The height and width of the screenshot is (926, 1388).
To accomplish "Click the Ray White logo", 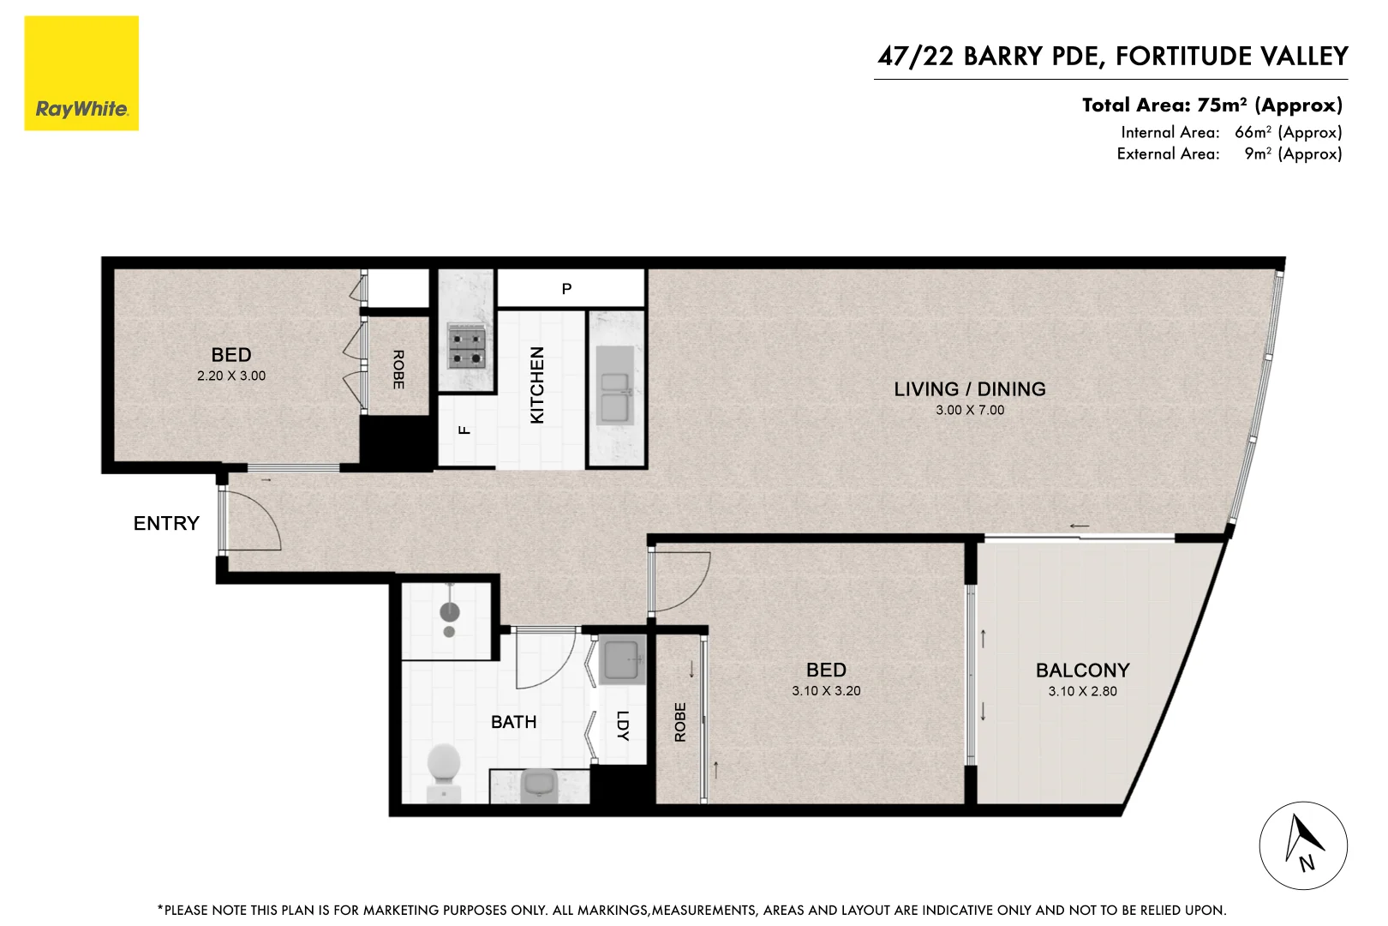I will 81,74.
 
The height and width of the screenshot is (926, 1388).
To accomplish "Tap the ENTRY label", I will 166,524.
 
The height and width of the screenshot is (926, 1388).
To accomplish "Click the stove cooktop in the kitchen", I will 467,346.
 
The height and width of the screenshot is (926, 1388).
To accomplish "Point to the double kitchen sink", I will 615,396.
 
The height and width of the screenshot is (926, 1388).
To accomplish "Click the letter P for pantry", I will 566,289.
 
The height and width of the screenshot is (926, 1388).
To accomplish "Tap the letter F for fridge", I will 464,430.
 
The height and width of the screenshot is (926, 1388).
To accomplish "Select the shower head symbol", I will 450,612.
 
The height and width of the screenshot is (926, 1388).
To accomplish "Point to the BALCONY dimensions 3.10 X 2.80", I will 1082,692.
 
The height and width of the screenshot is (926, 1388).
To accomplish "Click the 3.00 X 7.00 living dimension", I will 970,411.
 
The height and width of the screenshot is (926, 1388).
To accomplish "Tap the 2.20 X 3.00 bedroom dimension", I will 231,376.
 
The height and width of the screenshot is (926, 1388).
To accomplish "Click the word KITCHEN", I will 537,385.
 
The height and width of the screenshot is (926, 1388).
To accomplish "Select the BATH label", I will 514,722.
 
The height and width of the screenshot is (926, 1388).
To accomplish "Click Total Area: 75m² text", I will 1212,105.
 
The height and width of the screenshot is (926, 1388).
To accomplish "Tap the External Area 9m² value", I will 1292,154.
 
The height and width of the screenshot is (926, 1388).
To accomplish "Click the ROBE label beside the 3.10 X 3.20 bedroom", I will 680,722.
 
